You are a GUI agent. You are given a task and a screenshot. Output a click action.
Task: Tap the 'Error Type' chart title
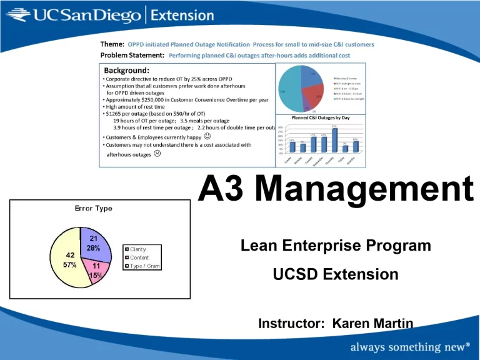(93, 208)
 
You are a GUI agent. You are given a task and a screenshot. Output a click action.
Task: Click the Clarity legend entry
(137, 249)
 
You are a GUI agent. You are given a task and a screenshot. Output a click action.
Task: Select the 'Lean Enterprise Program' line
(336, 246)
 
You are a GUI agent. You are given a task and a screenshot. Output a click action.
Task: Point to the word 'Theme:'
(112, 44)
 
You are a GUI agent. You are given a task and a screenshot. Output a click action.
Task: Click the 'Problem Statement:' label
(132, 55)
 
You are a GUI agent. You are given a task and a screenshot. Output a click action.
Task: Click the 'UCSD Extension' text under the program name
(336, 274)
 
